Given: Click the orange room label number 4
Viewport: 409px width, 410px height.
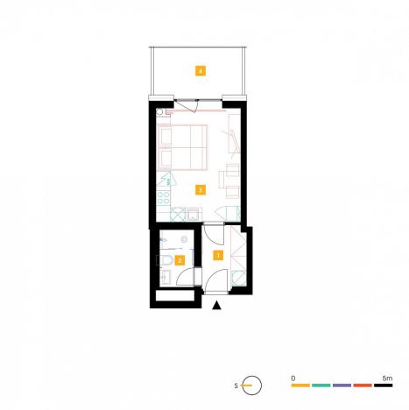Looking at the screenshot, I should pyautogui.click(x=201, y=70).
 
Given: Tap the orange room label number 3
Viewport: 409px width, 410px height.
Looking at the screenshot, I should pyautogui.click(x=201, y=188).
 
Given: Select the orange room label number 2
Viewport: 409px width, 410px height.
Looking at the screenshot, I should pyautogui.click(x=180, y=260).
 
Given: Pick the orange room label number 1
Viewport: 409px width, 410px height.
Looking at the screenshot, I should pyautogui.click(x=218, y=255).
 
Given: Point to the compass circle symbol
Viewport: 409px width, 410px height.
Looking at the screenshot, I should pyautogui.click(x=251, y=384).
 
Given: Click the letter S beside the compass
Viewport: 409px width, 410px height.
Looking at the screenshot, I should pyautogui.click(x=236, y=384).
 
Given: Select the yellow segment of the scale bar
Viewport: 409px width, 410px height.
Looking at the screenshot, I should pyautogui.click(x=300, y=385).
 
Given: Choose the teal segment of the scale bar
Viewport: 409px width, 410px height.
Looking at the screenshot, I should pyautogui.click(x=321, y=385).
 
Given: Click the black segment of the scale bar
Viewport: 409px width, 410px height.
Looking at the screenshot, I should pyautogui.click(x=384, y=385).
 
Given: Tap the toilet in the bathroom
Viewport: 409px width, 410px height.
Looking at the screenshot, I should pyautogui.click(x=164, y=260).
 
